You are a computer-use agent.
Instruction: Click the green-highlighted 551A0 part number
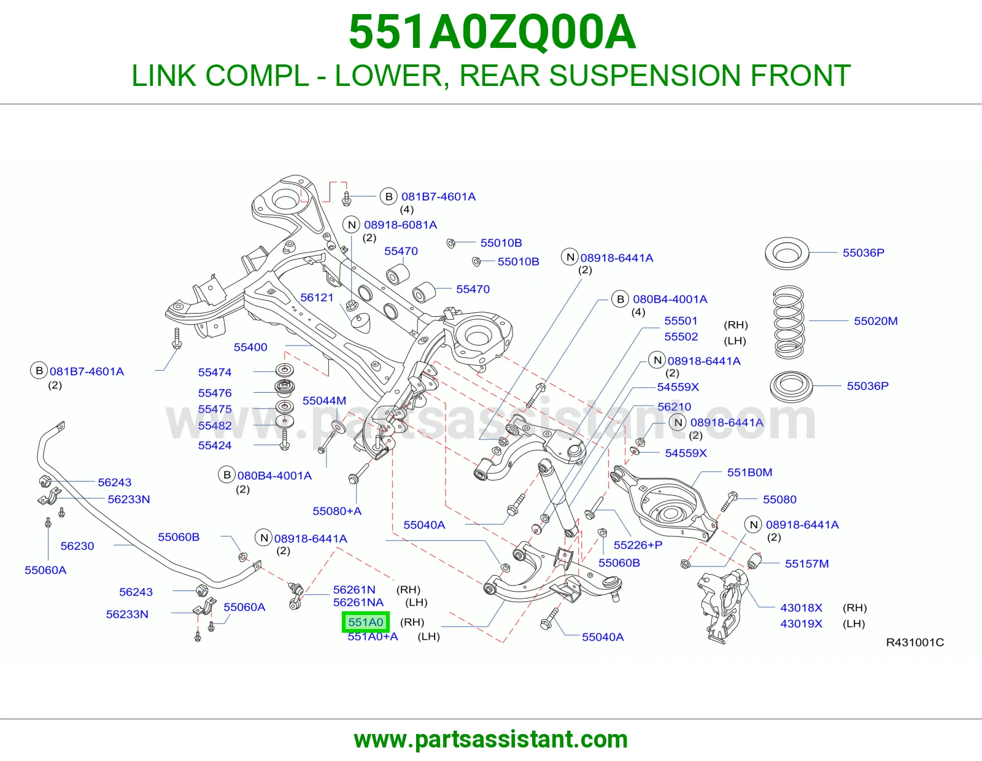pos(365,622)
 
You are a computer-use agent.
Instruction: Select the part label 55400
pos(250,347)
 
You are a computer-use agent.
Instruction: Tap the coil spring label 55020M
pos(875,321)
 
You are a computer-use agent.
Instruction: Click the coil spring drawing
pos(789,322)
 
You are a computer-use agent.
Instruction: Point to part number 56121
pos(317,298)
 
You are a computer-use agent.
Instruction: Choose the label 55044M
pos(324,400)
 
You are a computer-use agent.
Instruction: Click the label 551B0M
pos(749,472)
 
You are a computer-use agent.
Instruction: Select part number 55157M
pos(806,563)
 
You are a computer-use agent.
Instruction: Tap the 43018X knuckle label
pos(801,608)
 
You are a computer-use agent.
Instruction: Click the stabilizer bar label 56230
pos(77,546)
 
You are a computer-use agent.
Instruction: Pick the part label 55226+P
pos(638,545)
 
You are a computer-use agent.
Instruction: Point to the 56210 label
pos(675,407)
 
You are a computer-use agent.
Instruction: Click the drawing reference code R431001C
pos(914,642)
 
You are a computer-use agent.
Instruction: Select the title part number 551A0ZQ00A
pos(492,32)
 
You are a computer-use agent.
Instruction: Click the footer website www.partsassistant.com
pos(491,740)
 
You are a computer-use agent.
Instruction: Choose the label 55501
pos(681,321)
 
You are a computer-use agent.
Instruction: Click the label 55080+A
pos(337,511)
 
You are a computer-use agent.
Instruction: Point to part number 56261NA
pos(358,603)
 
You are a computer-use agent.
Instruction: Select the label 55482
pos(215,426)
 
